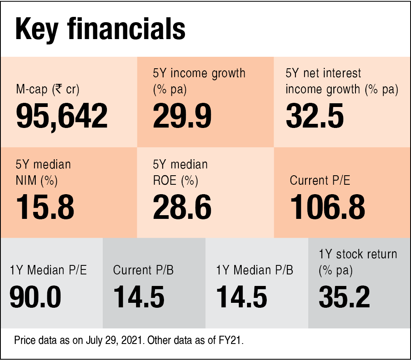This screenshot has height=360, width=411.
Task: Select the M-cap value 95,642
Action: (62, 116)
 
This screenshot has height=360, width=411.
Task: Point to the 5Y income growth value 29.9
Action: (182, 116)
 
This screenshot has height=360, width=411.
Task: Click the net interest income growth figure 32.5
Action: (315, 116)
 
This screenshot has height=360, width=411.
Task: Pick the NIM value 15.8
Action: (45, 207)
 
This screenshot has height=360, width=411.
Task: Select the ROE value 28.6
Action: (182, 207)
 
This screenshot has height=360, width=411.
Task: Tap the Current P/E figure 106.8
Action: (328, 207)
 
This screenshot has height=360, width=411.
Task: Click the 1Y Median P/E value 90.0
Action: (35, 297)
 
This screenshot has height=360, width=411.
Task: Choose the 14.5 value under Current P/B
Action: (139, 297)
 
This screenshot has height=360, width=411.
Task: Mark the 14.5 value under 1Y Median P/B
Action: (242, 297)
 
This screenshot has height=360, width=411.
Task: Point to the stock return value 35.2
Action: (344, 297)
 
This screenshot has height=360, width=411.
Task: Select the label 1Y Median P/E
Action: (48, 270)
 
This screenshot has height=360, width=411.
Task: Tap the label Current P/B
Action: (143, 270)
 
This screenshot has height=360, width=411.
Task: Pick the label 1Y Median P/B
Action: (255, 270)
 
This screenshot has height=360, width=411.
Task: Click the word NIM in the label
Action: (26, 180)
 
